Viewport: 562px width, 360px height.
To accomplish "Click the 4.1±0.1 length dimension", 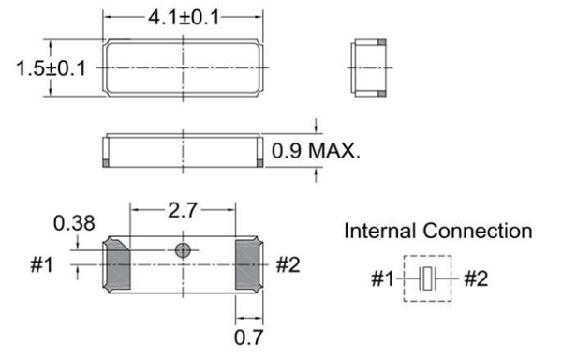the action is click(184, 17).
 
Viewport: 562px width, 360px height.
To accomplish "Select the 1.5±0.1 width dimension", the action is click(51, 68).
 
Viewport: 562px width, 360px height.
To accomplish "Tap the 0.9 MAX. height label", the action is click(316, 151).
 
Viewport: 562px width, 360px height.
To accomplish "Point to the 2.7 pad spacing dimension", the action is click(183, 210).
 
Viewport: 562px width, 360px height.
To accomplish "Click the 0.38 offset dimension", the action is click(74, 223).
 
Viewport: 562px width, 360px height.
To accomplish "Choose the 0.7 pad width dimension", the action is click(248, 337).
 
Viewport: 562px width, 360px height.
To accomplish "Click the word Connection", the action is click(478, 231).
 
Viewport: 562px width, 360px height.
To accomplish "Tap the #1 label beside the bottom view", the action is click(41, 265).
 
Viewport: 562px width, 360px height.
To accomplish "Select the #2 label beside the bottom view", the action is click(288, 265).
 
